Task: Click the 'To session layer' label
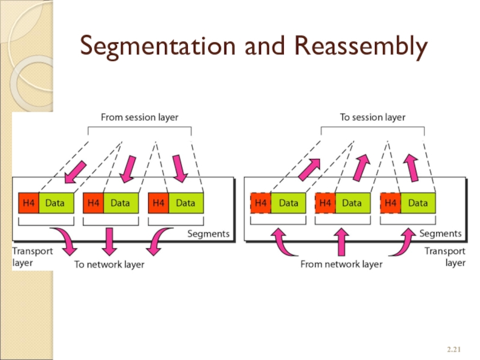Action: (x=372, y=118)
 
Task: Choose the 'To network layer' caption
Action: (x=109, y=264)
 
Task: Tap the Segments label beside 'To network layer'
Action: (x=208, y=234)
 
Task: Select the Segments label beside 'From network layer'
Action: (x=440, y=233)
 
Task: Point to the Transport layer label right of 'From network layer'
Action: (x=445, y=257)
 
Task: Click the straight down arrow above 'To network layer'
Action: (x=109, y=242)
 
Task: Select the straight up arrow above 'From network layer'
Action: (x=341, y=241)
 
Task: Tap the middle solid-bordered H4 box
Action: (x=93, y=203)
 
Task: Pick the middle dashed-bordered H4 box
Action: (x=325, y=203)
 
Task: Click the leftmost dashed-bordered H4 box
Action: (x=260, y=203)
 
